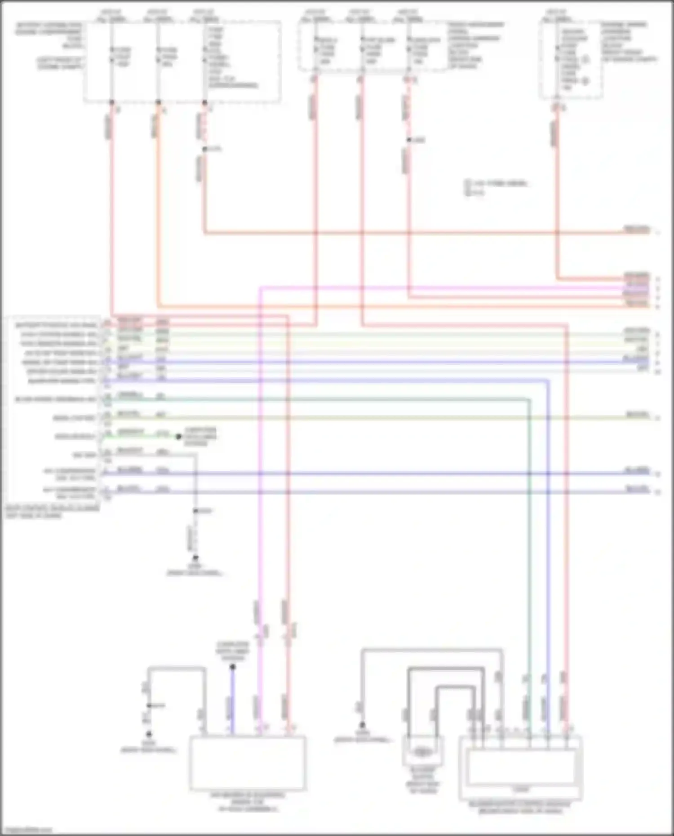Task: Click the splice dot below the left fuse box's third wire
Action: pyautogui.click(x=205, y=149)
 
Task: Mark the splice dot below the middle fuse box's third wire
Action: pyautogui.click(x=408, y=140)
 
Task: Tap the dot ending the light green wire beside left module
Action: pyautogui.click(x=178, y=436)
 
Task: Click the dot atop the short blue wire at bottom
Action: pyautogui.click(x=232, y=667)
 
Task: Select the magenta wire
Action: pyautogui.click(x=260, y=494)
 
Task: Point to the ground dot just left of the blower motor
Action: pyautogui.click(x=362, y=725)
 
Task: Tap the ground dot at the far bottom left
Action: pyautogui.click(x=149, y=734)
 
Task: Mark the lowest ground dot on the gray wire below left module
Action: pyautogui.click(x=195, y=557)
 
